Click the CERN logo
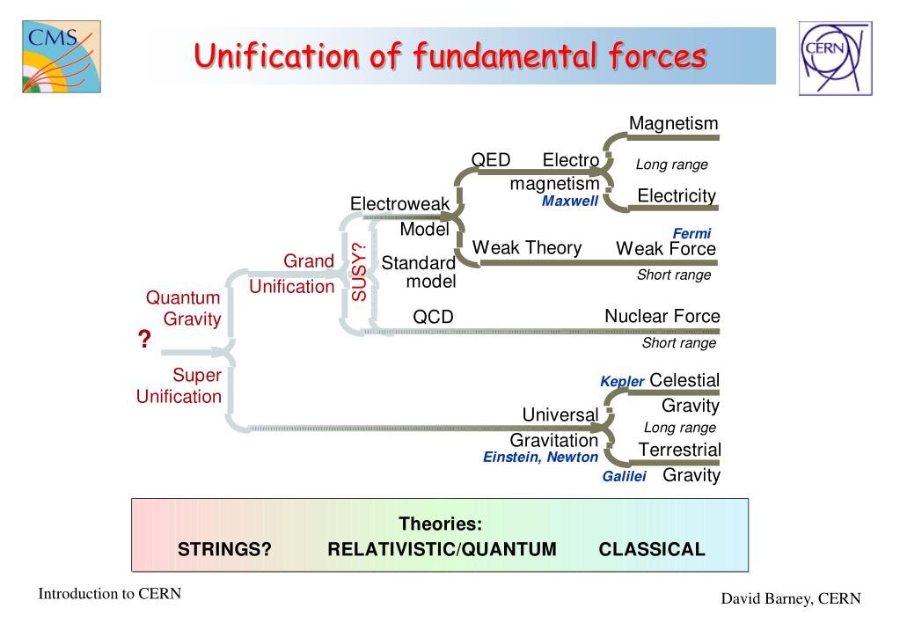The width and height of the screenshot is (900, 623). pyautogui.click(x=834, y=58)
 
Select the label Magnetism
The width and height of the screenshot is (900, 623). pyautogui.click(x=673, y=123)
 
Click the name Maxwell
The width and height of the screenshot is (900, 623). pyautogui.click(x=570, y=202)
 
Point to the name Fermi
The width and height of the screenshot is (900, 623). pyautogui.click(x=691, y=234)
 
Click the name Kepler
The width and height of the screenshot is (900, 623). pyautogui.click(x=622, y=382)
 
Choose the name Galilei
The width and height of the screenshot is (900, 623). pyautogui.click(x=625, y=477)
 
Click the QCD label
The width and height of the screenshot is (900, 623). pyautogui.click(x=433, y=317)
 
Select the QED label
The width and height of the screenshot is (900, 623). pyautogui.click(x=491, y=160)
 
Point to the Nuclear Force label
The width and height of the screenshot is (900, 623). pyautogui.click(x=662, y=316)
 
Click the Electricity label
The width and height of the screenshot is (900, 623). pyautogui.click(x=677, y=195)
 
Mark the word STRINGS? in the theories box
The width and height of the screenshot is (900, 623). pyautogui.click(x=224, y=550)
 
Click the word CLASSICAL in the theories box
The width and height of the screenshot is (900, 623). pyautogui.click(x=652, y=550)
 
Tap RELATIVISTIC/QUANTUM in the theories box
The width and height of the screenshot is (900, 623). pyautogui.click(x=442, y=550)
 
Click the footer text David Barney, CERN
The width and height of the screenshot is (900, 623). pyautogui.click(x=791, y=599)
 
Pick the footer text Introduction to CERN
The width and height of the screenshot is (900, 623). pyautogui.click(x=109, y=594)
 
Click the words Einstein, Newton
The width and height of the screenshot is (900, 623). pyautogui.click(x=540, y=458)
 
